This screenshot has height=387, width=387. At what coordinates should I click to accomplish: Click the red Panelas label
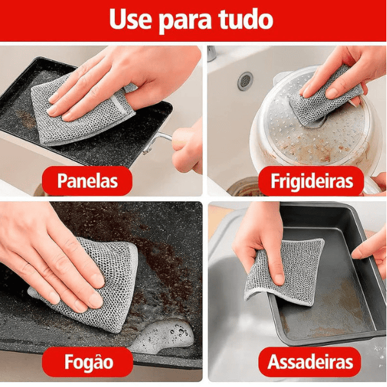coord(88,181)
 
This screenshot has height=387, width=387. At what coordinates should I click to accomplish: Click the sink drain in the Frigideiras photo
coord(245,81)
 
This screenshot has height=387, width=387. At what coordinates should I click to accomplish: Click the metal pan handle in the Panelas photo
coord(161,137)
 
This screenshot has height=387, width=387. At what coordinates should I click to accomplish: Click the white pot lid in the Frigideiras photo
coord(290,129)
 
